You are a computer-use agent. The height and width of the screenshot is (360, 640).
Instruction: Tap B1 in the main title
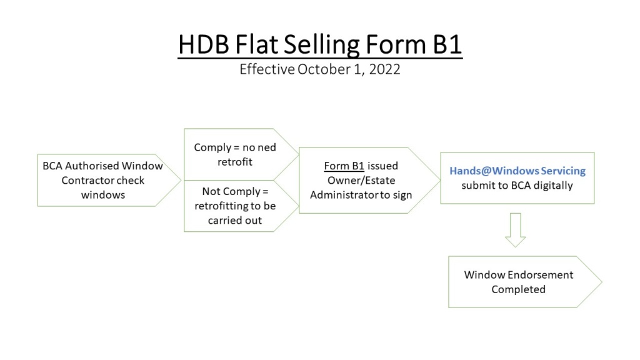pyautogui.click(x=447, y=44)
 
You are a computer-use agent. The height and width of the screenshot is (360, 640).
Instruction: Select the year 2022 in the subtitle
pyautogui.click(x=384, y=69)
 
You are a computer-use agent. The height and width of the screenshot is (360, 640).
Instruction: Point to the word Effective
pyautogui.click(x=267, y=69)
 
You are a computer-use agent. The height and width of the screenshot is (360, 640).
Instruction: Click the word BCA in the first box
pyautogui.click(x=52, y=166)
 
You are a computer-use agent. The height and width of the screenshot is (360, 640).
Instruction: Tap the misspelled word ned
pyautogui.click(x=267, y=147)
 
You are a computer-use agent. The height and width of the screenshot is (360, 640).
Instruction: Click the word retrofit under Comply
pyautogui.click(x=235, y=162)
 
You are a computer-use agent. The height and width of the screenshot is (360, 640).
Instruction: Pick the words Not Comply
pyautogui.click(x=231, y=192)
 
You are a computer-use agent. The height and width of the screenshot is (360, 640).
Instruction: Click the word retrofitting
pyautogui.click(x=221, y=206)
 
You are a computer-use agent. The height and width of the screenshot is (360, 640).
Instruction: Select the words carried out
pyautogui.click(x=235, y=221)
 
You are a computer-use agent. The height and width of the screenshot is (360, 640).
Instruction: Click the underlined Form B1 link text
pyautogui.click(x=344, y=166)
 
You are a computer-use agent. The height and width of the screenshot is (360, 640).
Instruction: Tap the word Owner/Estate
pyautogui.click(x=361, y=181)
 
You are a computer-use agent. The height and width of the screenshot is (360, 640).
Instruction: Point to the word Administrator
pyautogui.click(x=344, y=195)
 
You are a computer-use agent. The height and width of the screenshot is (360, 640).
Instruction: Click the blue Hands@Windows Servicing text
pyautogui.click(x=517, y=171)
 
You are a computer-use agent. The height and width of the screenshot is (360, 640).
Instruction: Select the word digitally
pyautogui.click(x=553, y=186)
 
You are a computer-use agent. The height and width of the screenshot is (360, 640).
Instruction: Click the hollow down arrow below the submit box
pyautogui.click(x=516, y=230)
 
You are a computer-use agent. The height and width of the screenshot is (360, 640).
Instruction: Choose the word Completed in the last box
pyautogui.click(x=518, y=289)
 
